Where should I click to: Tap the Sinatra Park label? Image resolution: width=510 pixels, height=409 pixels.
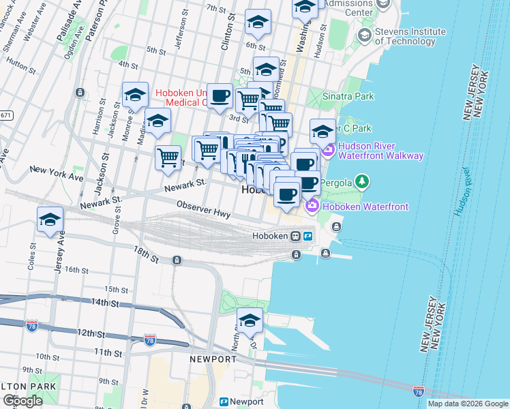[x=348, y=96]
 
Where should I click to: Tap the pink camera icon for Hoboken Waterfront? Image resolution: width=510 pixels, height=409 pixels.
[x=312, y=204]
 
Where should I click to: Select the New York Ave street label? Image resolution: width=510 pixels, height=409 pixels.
[x=56, y=173]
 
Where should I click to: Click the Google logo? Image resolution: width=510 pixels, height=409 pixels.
[x=22, y=401]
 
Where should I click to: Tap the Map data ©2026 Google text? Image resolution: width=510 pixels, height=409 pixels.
[x=468, y=404]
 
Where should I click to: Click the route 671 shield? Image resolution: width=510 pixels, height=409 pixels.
[x=5, y=115]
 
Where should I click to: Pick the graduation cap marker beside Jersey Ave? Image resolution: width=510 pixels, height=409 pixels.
[x=50, y=220]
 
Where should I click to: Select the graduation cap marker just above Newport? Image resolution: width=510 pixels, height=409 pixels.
[x=250, y=321]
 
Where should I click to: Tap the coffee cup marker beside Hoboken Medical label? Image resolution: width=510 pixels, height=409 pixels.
[x=220, y=97]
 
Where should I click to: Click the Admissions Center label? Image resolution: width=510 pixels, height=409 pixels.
[x=347, y=7]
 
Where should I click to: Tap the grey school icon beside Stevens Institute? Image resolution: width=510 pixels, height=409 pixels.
[x=364, y=35]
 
